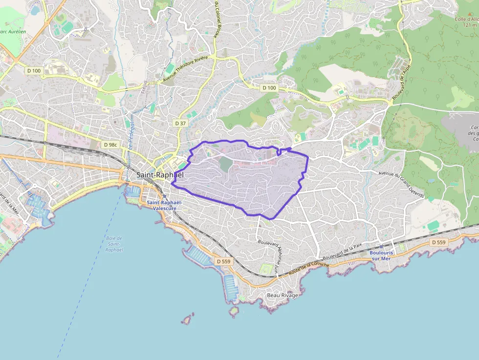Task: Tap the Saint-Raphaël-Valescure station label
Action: pyautogui.click(x=165, y=205)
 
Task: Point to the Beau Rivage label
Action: pyautogui.click(x=282, y=296)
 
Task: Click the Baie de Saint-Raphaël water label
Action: pyautogui.click(x=114, y=244)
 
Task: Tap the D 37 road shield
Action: pyautogui.click(x=180, y=124)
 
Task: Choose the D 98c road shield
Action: pyautogui.click(x=110, y=145)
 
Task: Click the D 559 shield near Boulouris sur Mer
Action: pyautogui.click(x=438, y=242)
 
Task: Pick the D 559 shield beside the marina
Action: pyautogui.click(x=223, y=261)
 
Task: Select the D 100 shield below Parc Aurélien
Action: pyautogui.click(x=34, y=71)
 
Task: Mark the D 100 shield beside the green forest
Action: pyautogui.click(x=269, y=88)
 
